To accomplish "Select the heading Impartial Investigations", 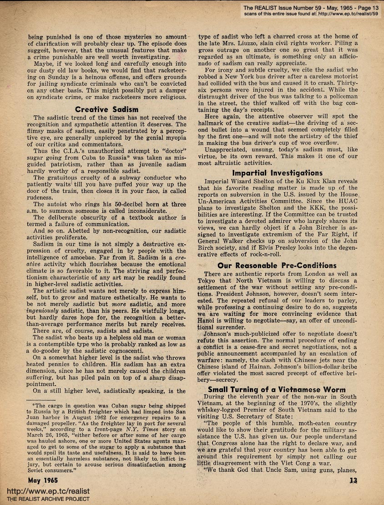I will click(x=277, y=173).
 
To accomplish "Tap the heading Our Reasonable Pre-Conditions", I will click(x=277, y=265).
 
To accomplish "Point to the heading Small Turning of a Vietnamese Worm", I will click(x=277, y=389).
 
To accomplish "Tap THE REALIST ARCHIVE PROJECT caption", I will click(x=45, y=500).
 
